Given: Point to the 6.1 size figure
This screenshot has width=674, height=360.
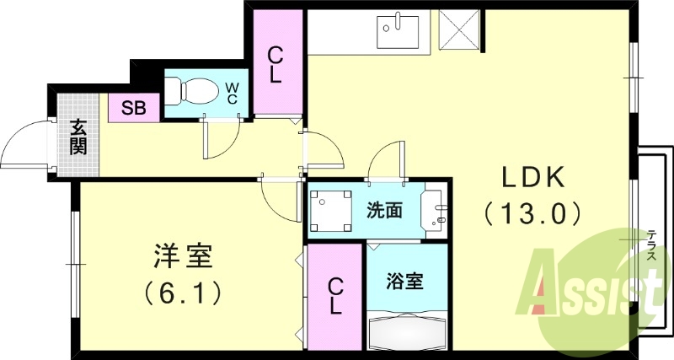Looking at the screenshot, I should click(x=183, y=292).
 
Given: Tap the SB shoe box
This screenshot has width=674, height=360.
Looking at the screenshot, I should click(x=133, y=107).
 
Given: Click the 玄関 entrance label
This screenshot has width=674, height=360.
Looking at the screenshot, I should click(x=78, y=137).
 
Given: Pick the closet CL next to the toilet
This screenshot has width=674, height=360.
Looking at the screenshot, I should click(x=275, y=65).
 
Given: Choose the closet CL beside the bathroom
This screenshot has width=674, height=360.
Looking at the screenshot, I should click(x=335, y=296).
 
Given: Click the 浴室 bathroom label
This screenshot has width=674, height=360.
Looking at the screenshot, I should click(x=404, y=281).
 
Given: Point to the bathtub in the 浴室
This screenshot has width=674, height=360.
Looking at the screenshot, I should click(x=406, y=334).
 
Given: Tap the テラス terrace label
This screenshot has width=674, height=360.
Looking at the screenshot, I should click(x=652, y=247).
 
